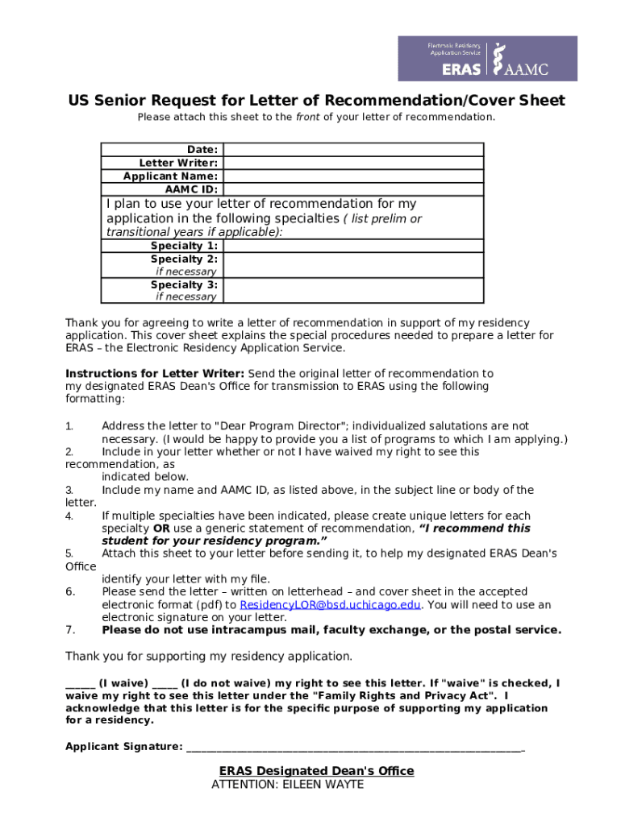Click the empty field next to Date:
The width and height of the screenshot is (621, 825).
coord(353,150)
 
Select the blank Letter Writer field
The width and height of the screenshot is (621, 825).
coord(353,163)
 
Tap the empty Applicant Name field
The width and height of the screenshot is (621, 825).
coord(353,176)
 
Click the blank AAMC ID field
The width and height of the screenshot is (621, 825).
coord(353,189)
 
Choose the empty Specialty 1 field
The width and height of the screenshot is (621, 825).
coord(353,246)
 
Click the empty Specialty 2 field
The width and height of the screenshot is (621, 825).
coord(353,265)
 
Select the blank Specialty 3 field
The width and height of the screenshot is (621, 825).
coord(353,290)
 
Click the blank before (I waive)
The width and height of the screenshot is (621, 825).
coord(81,684)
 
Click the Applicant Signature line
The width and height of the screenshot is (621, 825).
coord(355,747)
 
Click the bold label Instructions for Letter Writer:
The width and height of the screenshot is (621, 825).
coord(155,374)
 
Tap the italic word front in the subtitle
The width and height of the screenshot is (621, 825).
coord(308,117)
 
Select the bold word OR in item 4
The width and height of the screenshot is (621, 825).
coord(161,529)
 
